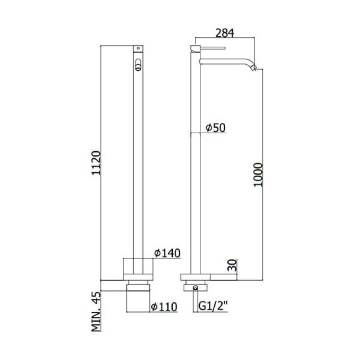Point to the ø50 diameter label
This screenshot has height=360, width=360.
215,128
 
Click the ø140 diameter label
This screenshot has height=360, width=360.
167,253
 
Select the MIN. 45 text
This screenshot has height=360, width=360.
96,311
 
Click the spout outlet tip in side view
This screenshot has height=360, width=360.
253,68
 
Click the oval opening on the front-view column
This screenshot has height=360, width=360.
139,64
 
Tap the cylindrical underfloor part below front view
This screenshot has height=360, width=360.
138,298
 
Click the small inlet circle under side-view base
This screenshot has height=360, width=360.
195,287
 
